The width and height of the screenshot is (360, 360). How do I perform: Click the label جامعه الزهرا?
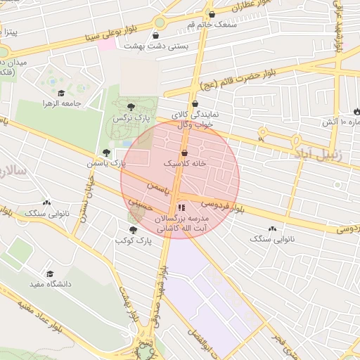point(63,103)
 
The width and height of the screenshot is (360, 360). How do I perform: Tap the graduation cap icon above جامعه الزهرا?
point(61,93)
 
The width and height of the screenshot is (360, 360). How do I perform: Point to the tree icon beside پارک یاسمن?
point(106,152)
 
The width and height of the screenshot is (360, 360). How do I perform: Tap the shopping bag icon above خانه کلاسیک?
point(185,152)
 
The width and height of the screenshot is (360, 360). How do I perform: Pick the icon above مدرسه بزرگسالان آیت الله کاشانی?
point(181,207)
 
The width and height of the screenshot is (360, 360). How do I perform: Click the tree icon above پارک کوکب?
point(133,230)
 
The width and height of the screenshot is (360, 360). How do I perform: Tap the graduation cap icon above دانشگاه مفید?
point(50,274)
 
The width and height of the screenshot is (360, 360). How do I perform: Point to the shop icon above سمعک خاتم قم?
point(212,14)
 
